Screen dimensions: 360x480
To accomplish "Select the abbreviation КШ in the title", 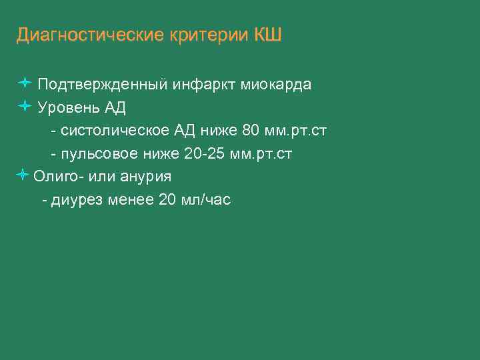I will pyautogui.click(x=268, y=35).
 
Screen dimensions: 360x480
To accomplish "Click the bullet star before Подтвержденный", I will pyautogui.click(x=24, y=83).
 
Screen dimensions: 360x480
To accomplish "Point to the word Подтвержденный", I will pyautogui.click(x=103, y=85).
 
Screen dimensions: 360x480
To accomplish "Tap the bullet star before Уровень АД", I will pyautogui.click(x=24, y=105).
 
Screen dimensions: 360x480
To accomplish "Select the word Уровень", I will pyautogui.click(x=67, y=107).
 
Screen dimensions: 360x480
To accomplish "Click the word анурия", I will pyautogui.click(x=146, y=177).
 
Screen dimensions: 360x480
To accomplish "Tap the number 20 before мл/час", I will pyautogui.click(x=169, y=200).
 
